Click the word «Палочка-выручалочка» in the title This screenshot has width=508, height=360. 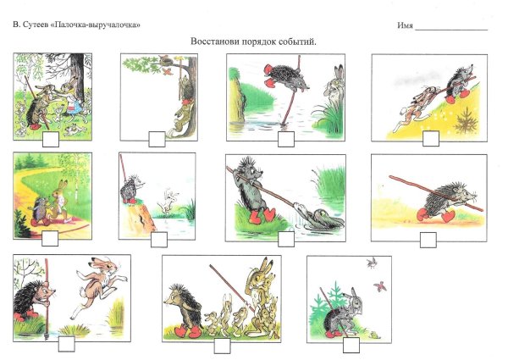click(96, 25)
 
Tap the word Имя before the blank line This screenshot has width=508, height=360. click(405, 25)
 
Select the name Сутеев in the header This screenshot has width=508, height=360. click(36, 25)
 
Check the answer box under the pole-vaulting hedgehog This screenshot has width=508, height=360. click(286, 139)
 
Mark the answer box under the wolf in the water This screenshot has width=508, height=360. click(286, 239)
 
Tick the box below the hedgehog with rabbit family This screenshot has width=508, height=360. click(222, 346)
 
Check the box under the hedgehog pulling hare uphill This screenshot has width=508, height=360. click(431, 139)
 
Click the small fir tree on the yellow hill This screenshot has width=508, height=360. click(466, 121)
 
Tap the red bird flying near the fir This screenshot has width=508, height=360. click(379, 286)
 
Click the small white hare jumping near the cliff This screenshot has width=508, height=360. click(168, 202)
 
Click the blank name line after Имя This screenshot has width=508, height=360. click(451, 30)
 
